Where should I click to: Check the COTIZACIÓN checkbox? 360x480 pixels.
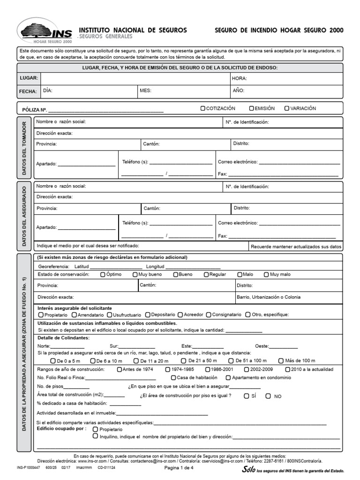(203, 108)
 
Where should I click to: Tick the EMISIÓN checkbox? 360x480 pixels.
(252, 108)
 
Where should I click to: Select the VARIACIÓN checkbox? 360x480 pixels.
(287, 108)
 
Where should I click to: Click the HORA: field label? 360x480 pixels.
(240, 78)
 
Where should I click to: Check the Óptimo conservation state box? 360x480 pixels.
(103, 275)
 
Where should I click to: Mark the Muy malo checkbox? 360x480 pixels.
(267, 275)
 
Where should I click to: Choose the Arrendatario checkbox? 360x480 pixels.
(74, 315)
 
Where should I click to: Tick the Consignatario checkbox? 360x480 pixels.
(209, 315)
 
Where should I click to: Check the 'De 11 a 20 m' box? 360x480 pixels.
(136, 361)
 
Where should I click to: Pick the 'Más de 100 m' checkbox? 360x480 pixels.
(281, 361)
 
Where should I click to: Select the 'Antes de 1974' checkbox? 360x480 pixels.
(119, 369)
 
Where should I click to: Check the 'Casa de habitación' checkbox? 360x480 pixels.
(173, 378)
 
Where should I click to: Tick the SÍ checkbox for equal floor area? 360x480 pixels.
(247, 396)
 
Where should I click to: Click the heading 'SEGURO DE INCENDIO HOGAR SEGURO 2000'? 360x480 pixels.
(279, 30)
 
